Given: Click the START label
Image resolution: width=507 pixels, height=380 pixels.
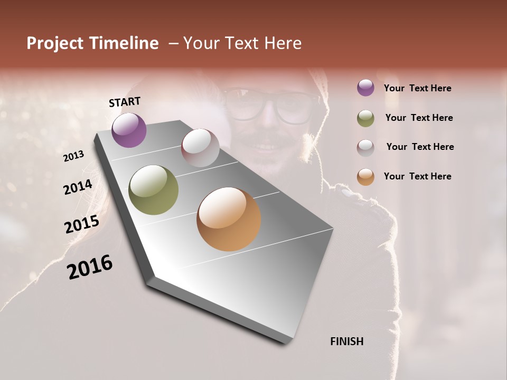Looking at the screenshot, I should pyautogui.click(x=125, y=102).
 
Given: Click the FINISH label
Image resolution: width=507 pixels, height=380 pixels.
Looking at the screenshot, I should pyautogui.click(x=347, y=341).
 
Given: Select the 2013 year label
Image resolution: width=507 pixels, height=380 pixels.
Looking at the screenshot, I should pyautogui.click(x=74, y=156).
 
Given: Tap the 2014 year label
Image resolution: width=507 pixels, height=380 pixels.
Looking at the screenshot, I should pyautogui.click(x=78, y=187).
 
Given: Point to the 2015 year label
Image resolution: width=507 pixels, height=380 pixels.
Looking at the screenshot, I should pyautogui.click(x=82, y=224).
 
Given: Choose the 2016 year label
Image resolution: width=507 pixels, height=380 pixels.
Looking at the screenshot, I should pyautogui.click(x=90, y=267).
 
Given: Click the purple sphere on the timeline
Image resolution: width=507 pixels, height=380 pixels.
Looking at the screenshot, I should pyautogui.click(x=129, y=130).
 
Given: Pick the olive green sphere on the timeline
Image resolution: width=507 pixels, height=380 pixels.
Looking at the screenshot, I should pyautogui.click(x=154, y=190).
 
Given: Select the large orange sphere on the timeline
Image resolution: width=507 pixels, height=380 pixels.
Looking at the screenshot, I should pyautogui.click(x=229, y=219).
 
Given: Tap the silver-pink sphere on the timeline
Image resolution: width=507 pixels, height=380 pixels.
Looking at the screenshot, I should pyautogui.click(x=200, y=148).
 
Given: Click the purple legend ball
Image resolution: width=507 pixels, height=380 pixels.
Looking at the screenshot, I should pyautogui.click(x=365, y=88).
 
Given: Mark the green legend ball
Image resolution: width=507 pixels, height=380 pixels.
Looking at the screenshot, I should pyautogui.click(x=365, y=118).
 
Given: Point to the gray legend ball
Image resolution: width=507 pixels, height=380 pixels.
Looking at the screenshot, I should pyautogui.click(x=365, y=147).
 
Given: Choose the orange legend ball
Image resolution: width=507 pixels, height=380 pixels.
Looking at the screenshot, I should pyautogui.click(x=365, y=177).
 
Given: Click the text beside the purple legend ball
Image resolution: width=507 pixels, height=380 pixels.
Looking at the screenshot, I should pyautogui.click(x=418, y=88).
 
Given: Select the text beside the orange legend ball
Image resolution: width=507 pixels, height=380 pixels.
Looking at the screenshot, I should pyautogui.click(x=418, y=176).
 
